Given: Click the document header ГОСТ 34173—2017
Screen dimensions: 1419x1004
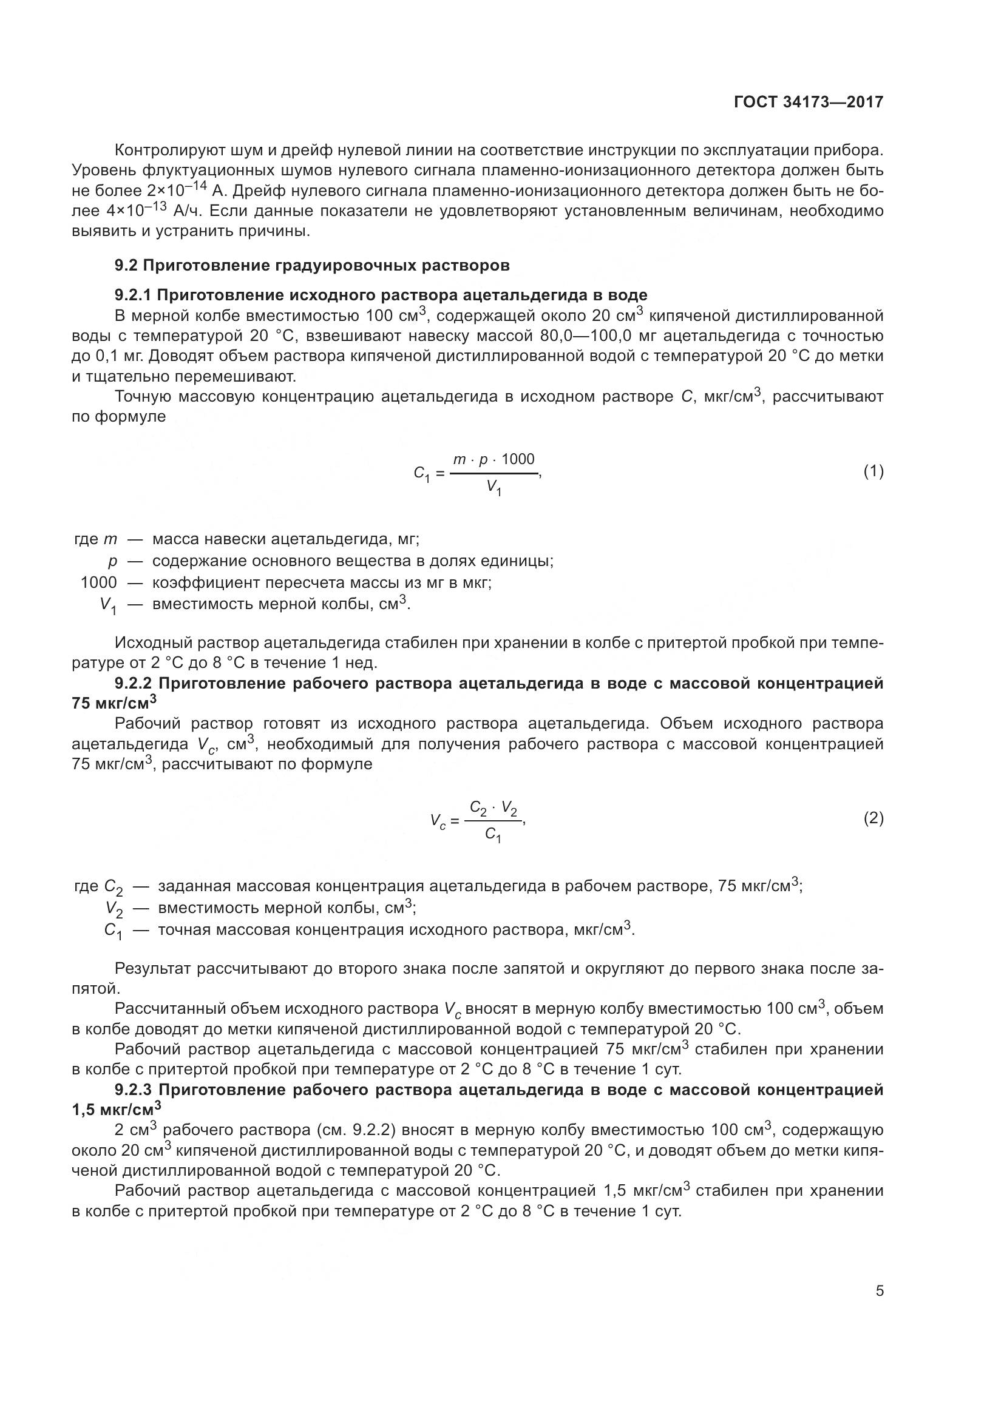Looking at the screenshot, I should coord(808,103).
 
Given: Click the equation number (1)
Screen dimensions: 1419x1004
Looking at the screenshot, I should coord(873,472).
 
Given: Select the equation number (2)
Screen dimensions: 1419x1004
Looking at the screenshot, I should coord(873,819).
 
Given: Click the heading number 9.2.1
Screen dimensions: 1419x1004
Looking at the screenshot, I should coord(133,295).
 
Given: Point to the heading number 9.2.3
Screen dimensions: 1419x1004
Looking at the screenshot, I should coord(134,1090).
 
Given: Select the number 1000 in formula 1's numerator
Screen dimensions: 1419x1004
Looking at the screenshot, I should coord(518,459).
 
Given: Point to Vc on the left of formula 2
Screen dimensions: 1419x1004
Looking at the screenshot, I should coord(438,821).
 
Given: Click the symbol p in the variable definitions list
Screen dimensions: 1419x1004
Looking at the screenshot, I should coord(112,561).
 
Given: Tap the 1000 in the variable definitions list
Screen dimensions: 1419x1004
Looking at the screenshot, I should coord(99,582).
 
